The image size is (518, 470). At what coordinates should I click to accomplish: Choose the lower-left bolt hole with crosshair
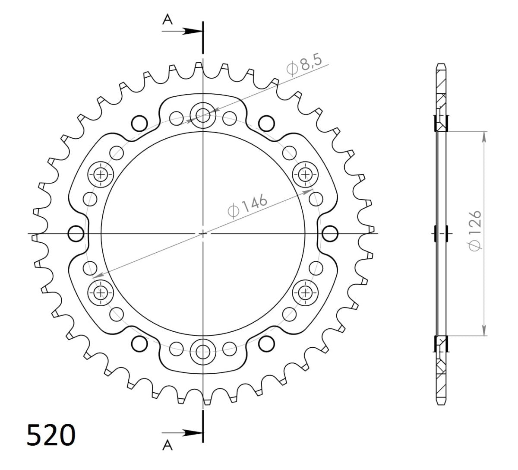pyautogui.click(x=101, y=292)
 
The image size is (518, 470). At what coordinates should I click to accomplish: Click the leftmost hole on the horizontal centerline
pyautogui.click(x=76, y=234)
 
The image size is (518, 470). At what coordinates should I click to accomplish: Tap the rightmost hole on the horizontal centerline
pyautogui.click(x=330, y=234)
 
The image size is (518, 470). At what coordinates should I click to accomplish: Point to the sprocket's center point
pyautogui.click(x=203, y=234)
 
